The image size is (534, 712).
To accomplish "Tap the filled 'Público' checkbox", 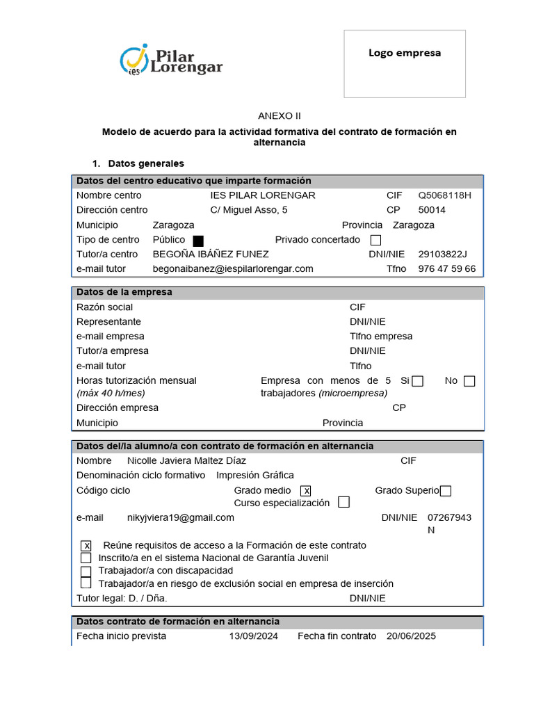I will pos(198,241).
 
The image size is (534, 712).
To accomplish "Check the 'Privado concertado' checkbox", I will pos(376,241).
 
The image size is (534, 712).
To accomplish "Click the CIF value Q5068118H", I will pos(444,195).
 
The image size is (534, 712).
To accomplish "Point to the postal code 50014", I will pos(432,210).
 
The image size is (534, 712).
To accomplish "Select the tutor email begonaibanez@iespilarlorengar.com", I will pos(233,268).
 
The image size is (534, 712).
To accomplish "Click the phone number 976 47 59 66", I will pos(447,268).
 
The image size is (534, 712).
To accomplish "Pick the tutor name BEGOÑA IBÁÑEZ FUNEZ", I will pos(211,254).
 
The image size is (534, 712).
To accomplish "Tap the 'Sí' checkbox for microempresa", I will pos(417,381).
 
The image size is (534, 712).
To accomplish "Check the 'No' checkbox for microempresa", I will pos(469,381).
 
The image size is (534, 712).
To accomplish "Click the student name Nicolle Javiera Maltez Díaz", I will pos(186,460).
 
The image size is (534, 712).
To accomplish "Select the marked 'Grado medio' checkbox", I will pos(306,491).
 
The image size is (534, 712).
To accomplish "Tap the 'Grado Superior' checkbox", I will pos(446,491).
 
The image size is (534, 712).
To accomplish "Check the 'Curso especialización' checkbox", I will pos(343,503).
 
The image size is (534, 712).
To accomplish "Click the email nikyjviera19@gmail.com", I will pos(181,517).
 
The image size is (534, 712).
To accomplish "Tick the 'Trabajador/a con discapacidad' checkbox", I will pos(86,572).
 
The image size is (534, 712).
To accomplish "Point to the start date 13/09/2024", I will pos(254,636).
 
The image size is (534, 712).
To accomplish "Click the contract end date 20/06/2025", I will pos(412,636).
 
